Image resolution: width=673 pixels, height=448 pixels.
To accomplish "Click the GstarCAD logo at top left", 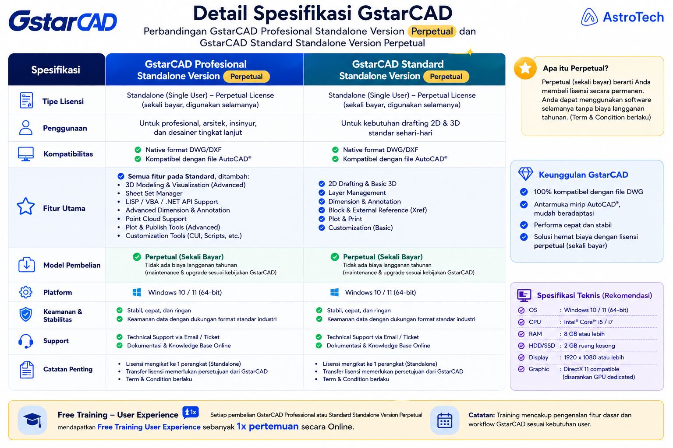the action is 63,21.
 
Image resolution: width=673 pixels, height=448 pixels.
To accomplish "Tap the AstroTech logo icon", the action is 589,17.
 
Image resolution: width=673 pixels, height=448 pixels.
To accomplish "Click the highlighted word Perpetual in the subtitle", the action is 432,31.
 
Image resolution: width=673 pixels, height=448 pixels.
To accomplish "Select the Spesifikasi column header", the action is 57,70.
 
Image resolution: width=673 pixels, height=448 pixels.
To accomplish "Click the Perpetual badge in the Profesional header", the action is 246,77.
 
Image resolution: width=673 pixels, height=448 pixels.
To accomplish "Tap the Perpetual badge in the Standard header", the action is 446,77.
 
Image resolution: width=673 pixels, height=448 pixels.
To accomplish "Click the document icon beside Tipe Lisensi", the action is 26,100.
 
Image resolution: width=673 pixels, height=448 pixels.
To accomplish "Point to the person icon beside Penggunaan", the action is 26,127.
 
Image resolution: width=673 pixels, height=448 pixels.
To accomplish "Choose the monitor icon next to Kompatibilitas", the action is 26,154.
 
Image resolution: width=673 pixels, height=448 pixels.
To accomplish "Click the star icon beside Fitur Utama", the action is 25,206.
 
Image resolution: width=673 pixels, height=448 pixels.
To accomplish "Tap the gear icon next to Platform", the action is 26,292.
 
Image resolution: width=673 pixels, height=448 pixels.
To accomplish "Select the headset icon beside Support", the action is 26,341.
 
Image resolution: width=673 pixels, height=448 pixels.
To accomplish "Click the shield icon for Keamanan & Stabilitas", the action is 26,315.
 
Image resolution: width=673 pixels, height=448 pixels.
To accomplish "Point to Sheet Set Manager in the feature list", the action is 154,193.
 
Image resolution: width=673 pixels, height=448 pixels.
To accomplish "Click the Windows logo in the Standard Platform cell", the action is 334,292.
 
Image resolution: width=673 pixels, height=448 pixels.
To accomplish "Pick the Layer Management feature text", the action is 357,192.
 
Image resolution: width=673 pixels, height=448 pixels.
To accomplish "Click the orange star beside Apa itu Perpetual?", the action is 525,68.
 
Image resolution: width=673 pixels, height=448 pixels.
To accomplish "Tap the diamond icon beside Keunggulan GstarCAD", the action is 525,174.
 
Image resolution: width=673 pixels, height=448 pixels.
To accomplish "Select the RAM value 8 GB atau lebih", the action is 584,334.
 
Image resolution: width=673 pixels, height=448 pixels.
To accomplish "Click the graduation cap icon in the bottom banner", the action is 32,420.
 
